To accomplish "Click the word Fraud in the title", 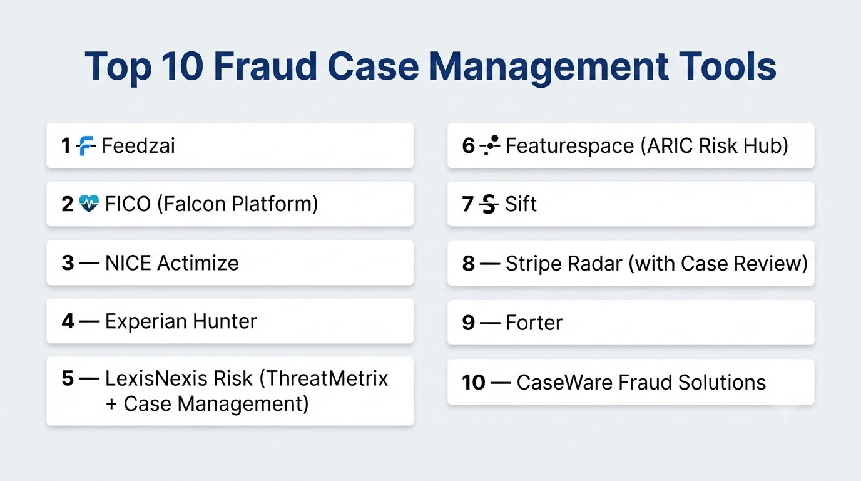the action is click(x=265, y=66).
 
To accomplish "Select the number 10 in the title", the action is click(x=182, y=66).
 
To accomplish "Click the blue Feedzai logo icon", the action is click(x=86, y=146).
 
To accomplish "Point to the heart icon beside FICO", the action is click(x=89, y=203).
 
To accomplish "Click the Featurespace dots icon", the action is click(x=490, y=145).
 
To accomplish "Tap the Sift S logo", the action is click(x=489, y=204).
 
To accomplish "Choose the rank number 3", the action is click(x=68, y=263).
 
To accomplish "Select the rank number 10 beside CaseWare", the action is click(x=474, y=383).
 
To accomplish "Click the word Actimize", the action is click(x=198, y=263).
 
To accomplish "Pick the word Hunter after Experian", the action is click(x=225, y=321).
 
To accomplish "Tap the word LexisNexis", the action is click(x=157, y=378).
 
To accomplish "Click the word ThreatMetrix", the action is click(x=324, y=378).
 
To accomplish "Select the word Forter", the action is click(x=534, y=323).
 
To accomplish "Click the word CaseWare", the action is click(x=564, y=383).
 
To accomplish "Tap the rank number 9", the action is click(x=468, y=323).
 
